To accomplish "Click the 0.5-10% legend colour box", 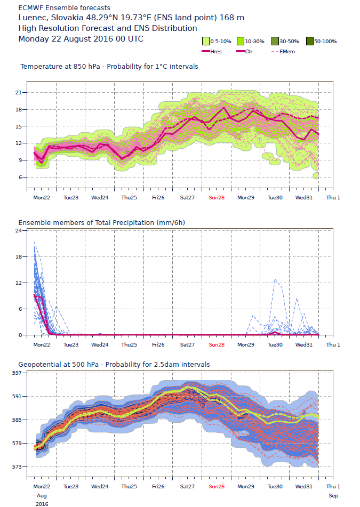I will coord(205,41).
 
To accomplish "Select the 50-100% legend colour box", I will coord(310,41).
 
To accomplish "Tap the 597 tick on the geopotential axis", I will coord(16,373).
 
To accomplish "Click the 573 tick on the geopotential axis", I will coord(16,466).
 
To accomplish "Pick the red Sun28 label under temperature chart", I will coord(217,197).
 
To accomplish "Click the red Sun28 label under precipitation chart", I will coord(217,344).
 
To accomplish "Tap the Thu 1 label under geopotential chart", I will coord(333,487).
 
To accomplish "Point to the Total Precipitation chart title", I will coord(103,222).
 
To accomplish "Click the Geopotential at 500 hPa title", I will coord(114,364).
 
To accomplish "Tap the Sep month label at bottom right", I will coord(333,495).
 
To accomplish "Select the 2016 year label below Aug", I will coord(41,503).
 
